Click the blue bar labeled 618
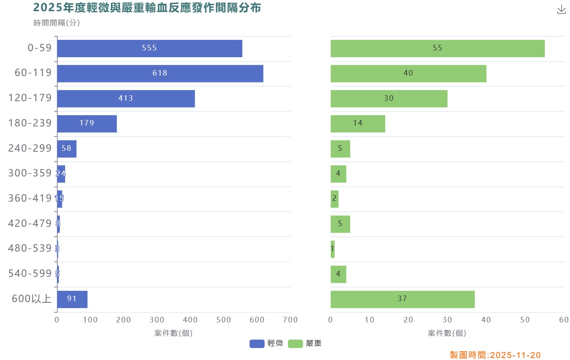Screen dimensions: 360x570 click(160, 74)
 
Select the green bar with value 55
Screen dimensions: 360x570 click(437, 48)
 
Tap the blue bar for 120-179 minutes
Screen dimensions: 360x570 click(126, 99)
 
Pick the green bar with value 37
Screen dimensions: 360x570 click(402, 300)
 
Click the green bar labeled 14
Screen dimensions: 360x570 click(358, 124)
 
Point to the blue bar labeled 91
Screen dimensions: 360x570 click(72, 300)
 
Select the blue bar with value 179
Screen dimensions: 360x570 click(87, 124)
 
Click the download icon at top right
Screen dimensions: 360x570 click(561, 10)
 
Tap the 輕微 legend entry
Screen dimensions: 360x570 click(266, 344)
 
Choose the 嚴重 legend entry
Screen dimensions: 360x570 click(305, 344)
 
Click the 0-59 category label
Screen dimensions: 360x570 click(40, 48)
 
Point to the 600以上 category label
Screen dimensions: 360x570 click(32, 299)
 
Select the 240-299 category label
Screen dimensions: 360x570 click(30, 148)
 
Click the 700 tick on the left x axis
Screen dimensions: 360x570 click(290, 320)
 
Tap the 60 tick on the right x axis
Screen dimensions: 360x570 click(564, 320)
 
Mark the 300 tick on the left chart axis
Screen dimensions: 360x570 click(157, 320)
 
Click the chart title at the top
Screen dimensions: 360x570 click(147, 8)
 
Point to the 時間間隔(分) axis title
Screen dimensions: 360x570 click(57, 23)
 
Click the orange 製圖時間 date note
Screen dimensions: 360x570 click(495, 355)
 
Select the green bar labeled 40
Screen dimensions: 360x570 click(408, 74)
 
